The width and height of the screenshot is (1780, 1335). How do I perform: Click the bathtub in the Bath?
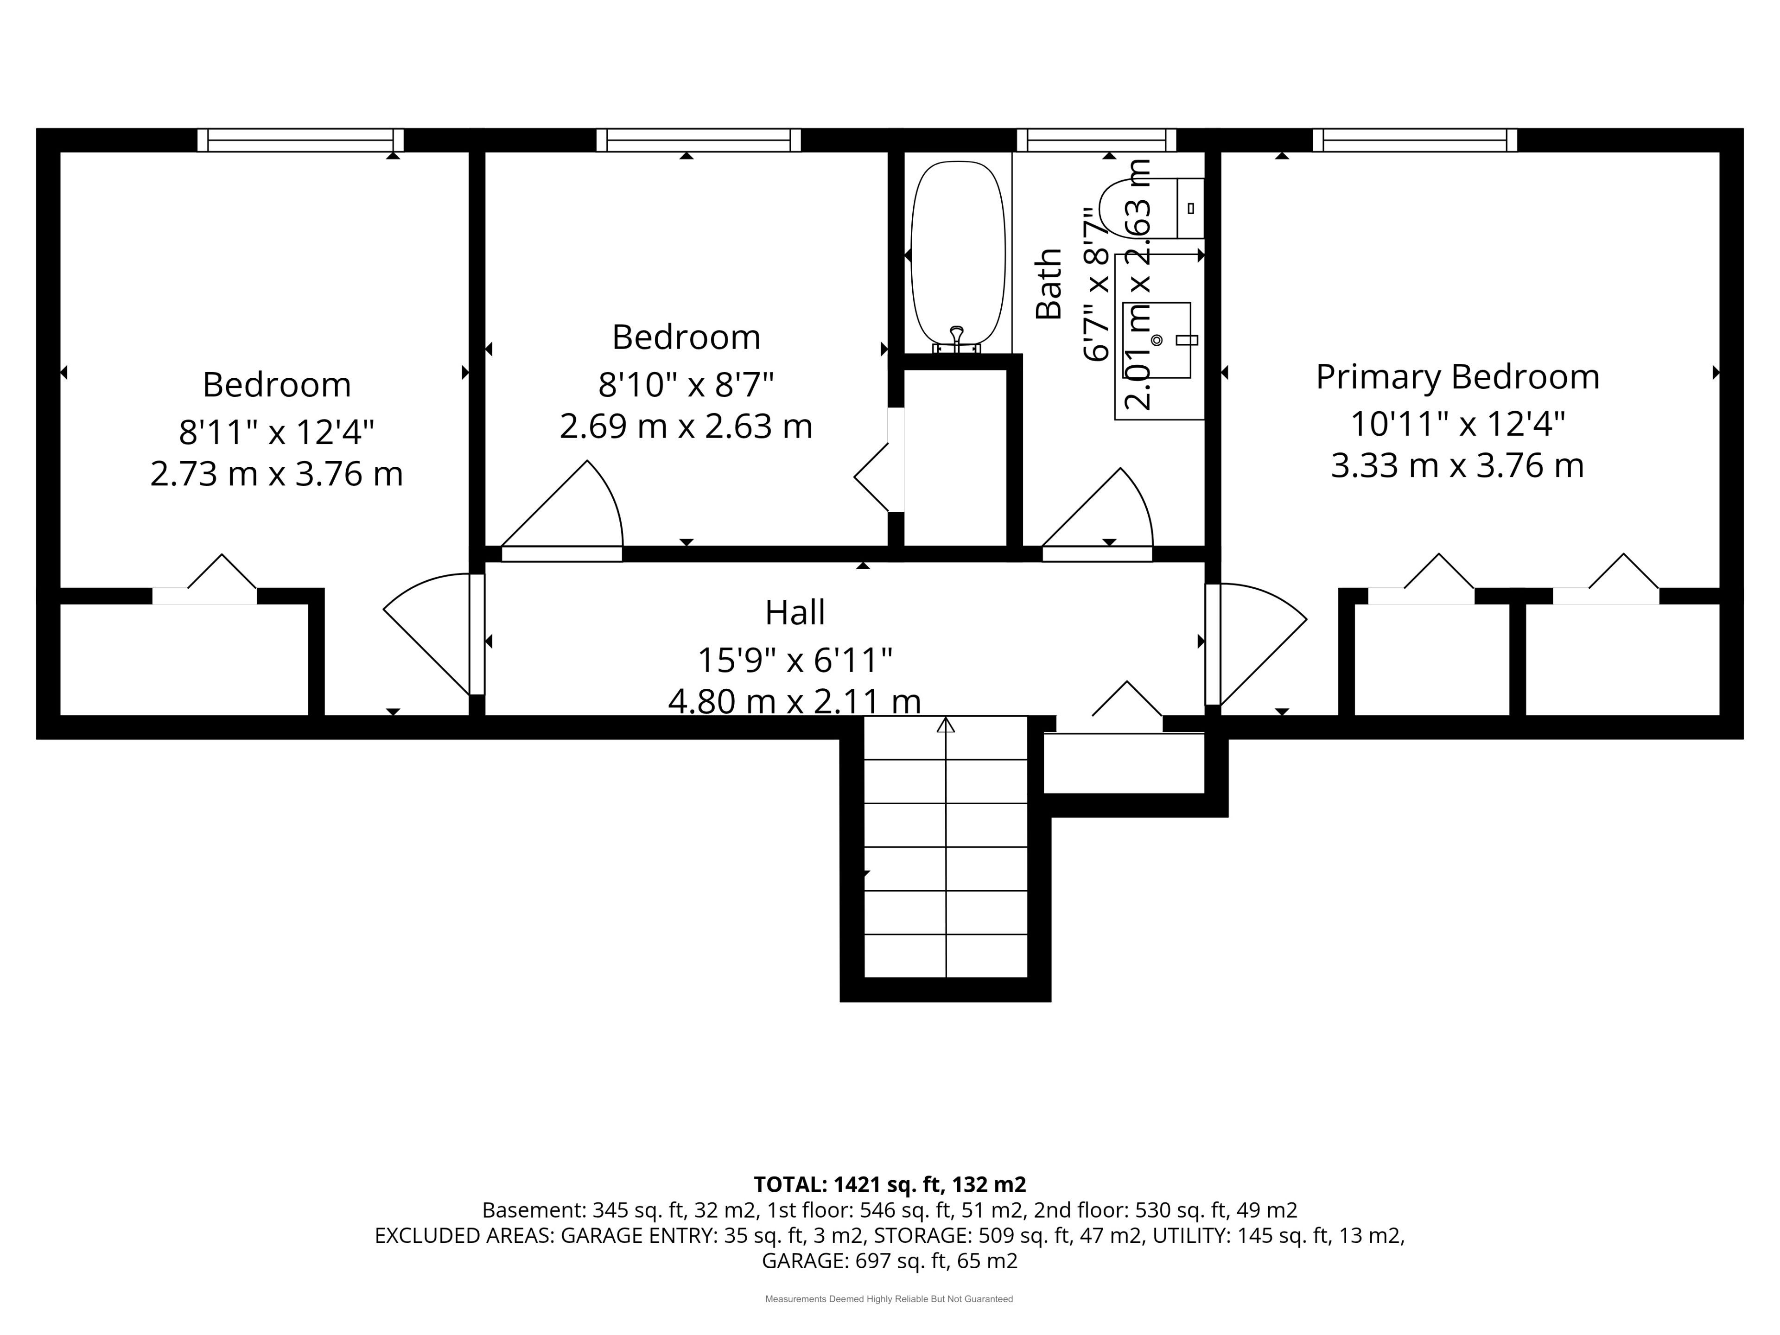958,254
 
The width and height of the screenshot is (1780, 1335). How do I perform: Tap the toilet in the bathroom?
1151,209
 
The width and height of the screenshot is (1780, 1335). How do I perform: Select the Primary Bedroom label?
1457,376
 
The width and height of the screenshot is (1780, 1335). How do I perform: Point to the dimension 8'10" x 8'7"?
686,385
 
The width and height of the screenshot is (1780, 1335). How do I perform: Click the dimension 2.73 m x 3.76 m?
276,474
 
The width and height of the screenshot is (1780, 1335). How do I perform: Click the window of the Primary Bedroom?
1415,140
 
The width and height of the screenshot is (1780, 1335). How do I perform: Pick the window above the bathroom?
1096,140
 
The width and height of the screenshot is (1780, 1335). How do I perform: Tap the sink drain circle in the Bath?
1157,340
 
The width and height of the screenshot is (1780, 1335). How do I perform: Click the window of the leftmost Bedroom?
300,140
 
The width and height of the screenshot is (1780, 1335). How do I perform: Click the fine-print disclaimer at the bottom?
889,1299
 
